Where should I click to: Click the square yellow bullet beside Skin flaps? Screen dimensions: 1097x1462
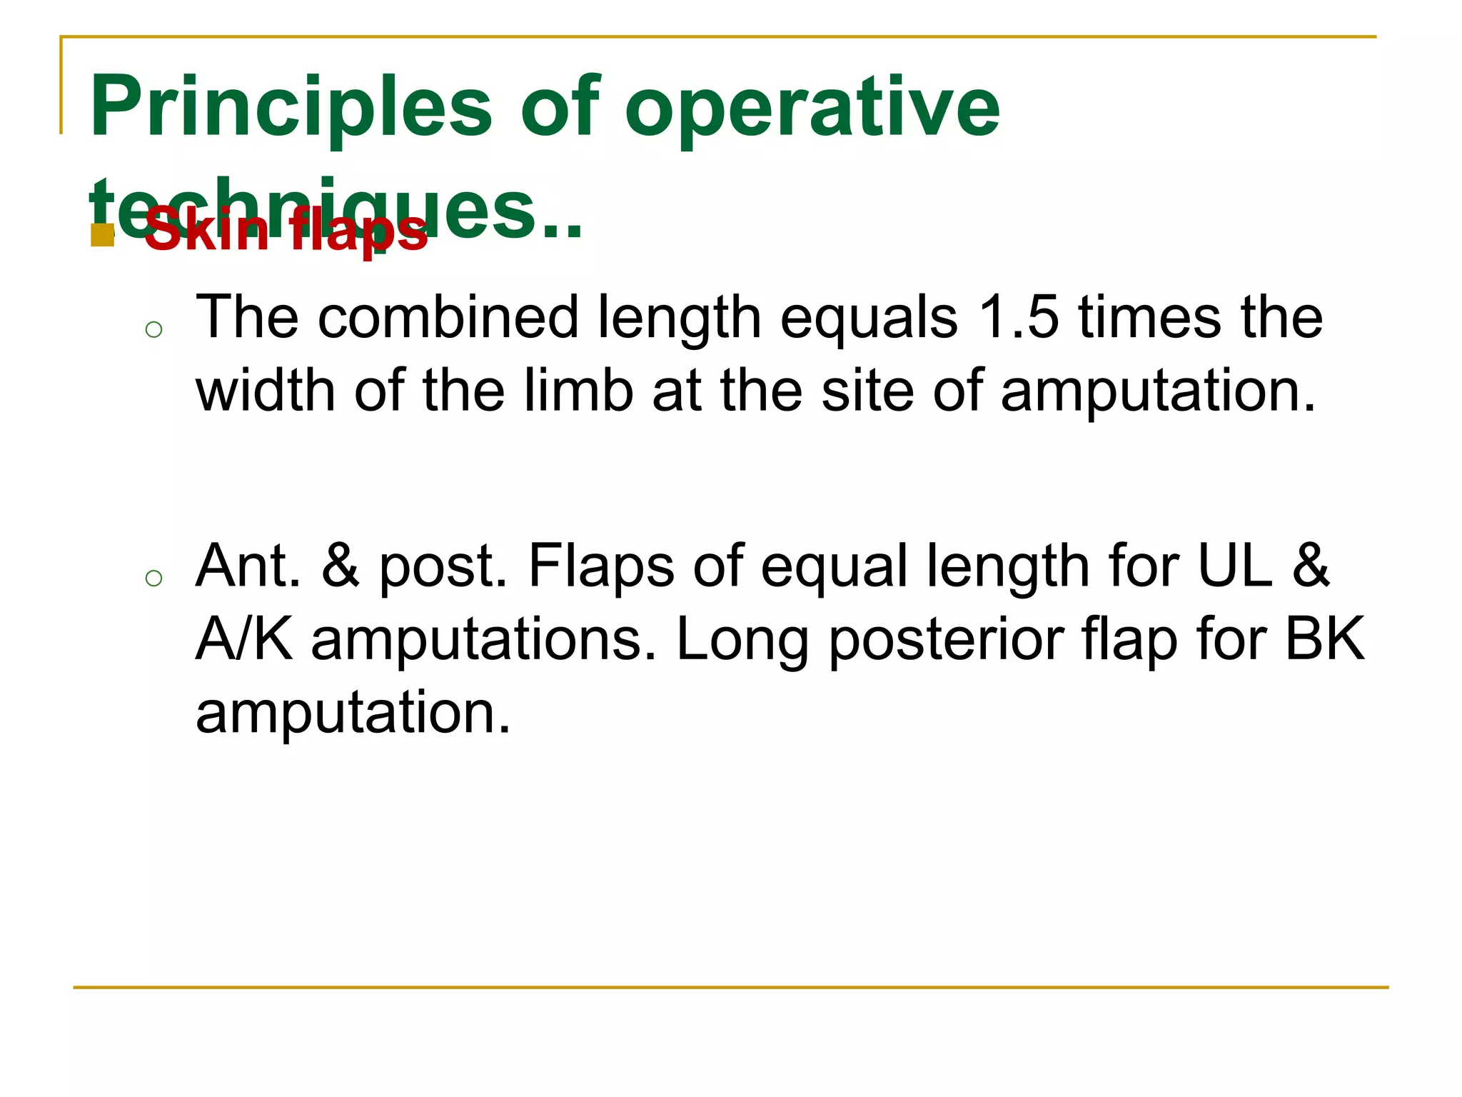coord(103,235)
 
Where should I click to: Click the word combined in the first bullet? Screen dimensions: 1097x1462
coord(448,317)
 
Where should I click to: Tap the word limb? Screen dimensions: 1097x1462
coord(578,391)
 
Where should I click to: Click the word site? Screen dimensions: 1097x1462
coord(867,391)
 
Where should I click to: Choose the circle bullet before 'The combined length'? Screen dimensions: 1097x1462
coord(153,329)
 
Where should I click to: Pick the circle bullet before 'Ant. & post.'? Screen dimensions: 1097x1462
coord(153,578)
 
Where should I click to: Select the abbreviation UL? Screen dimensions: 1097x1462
coord(1234,566)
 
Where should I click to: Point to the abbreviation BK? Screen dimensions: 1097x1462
coord(1325,639)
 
